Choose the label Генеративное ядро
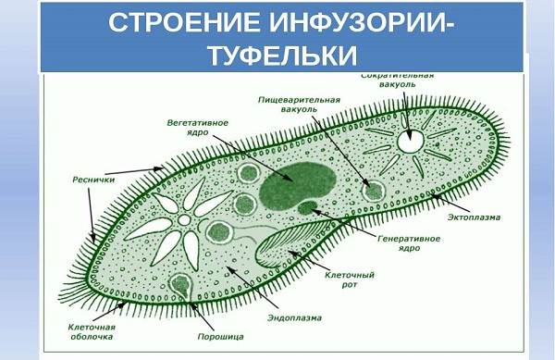click(x=408, y=242)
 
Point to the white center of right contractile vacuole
click(x=410, y=142)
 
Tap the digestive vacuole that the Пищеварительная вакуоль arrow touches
click(x=373, y=191)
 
